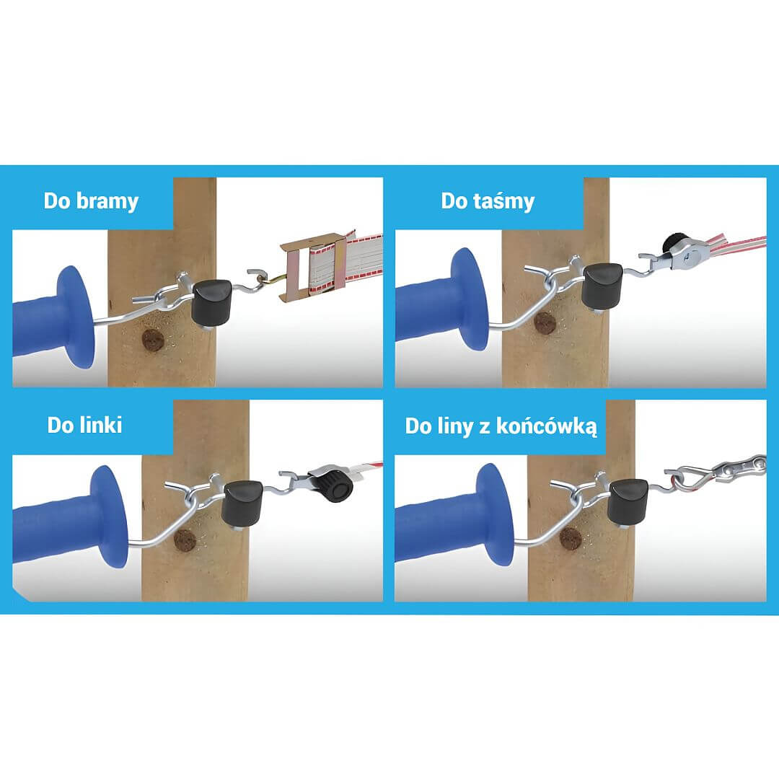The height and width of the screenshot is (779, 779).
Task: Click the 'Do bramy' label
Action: (91, 201)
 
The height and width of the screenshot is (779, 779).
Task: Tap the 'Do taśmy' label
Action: (488, 201)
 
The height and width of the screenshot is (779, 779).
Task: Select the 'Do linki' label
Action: (84, 426)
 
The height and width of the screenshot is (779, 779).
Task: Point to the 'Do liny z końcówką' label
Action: (501, 426)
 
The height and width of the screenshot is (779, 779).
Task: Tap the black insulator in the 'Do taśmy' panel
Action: (602, 285)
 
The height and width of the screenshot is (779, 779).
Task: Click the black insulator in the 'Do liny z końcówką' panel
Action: (628, 502)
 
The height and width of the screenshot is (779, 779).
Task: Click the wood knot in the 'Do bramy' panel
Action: (153, 340)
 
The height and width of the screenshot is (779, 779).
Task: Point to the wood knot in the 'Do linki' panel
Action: (185, 540)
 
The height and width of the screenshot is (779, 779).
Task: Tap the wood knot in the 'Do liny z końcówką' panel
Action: (571, 538)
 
